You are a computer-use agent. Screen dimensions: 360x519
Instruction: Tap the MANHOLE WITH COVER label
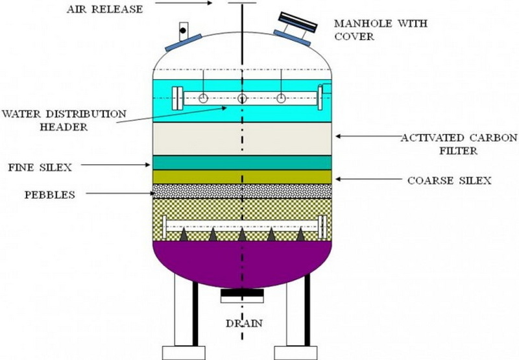[363, 30]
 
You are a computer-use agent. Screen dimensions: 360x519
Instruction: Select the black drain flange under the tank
[242, 294]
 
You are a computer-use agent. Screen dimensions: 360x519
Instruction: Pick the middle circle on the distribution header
[242, 99]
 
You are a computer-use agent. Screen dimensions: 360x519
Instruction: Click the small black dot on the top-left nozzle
[183, 30]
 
